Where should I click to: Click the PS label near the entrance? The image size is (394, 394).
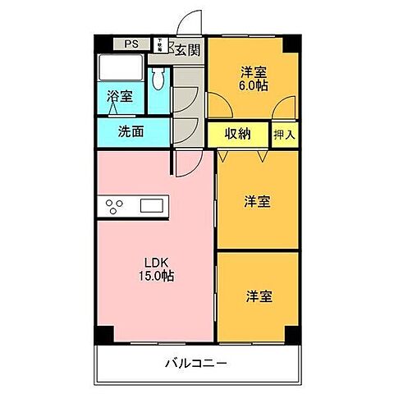point(131,45)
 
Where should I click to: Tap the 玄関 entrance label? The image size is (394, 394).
point(187,51)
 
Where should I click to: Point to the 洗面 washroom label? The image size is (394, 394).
point(131,131)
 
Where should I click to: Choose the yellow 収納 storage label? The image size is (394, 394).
point(239,134)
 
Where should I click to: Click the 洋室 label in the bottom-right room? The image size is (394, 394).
point(258,296)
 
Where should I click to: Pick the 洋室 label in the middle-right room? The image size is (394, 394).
point(258,201)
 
